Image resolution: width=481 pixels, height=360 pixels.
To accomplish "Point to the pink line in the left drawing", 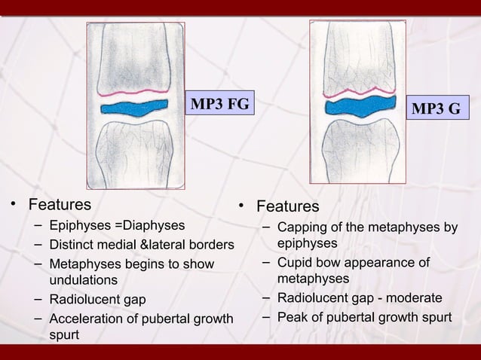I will pos(136,93).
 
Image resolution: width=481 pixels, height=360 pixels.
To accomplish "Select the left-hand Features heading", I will pos(60,204).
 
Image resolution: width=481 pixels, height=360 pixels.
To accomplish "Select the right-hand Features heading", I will pos(287,206).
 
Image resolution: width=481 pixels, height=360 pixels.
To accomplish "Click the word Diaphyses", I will pos(154,224).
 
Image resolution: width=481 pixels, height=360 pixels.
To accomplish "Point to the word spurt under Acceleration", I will pos(64,334).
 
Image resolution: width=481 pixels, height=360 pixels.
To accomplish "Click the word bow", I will pos(330,263).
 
